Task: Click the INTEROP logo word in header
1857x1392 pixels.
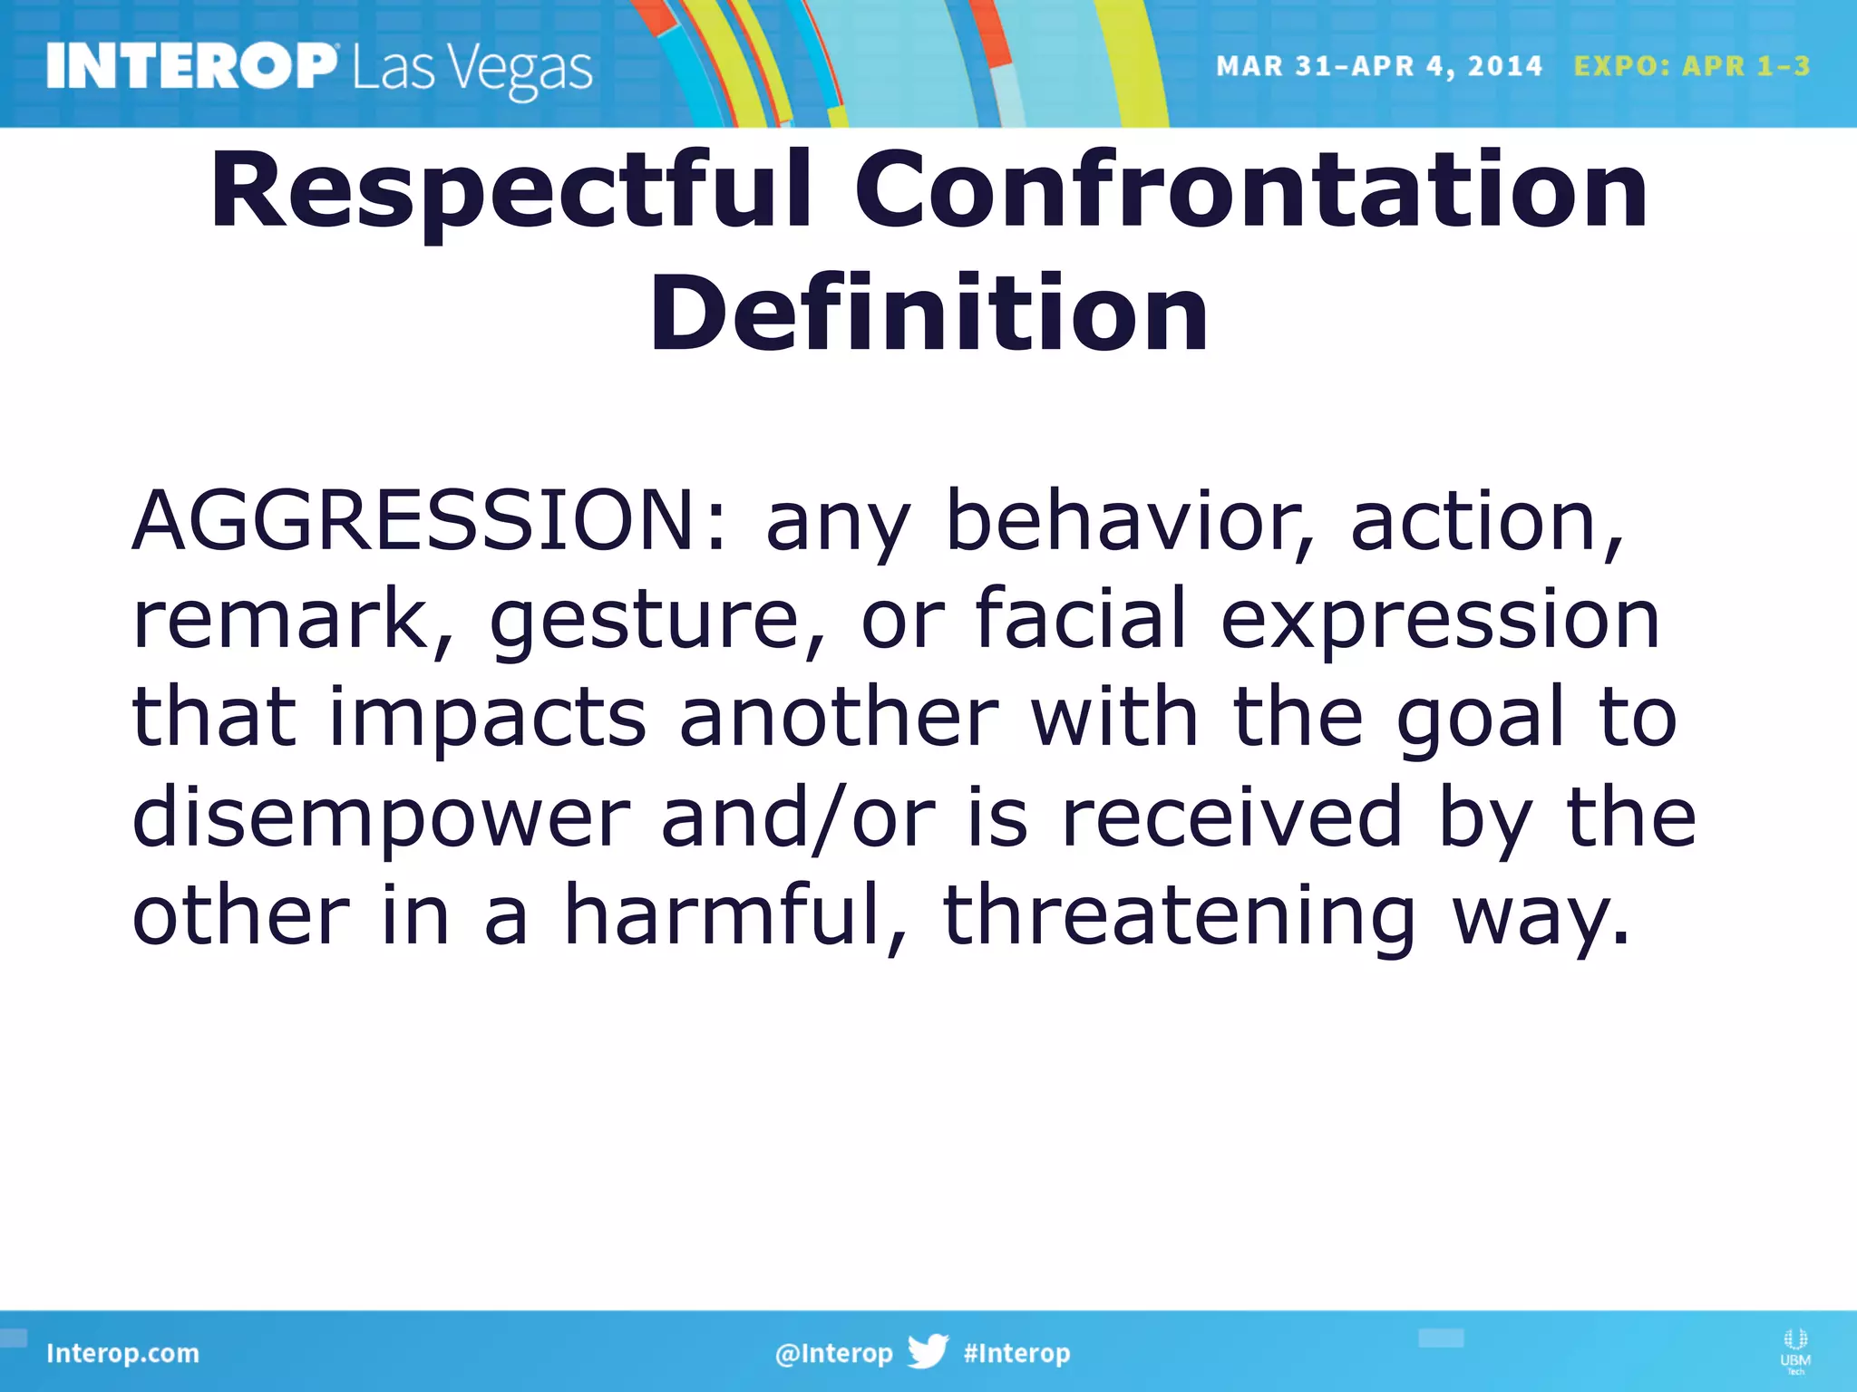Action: [190, 67]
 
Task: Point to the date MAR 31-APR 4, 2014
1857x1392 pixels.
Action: [1378, 66]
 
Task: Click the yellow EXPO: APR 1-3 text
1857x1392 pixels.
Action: [1692, 66]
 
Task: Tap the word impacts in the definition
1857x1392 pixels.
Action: [488, 719]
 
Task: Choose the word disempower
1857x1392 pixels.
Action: [381, 818]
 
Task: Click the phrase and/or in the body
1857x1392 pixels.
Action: [798, 818]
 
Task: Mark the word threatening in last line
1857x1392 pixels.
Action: [1179, 917]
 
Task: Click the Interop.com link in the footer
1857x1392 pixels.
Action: [122, 1353]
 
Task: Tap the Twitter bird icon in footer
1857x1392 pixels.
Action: [928, 1351]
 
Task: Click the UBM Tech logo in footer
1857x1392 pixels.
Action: [1794, 1350]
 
